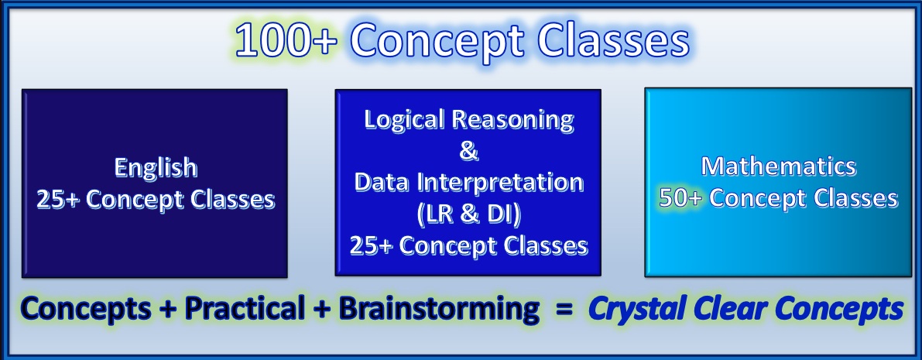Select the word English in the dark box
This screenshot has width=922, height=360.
point(156,168)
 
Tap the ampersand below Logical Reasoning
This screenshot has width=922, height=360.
point(468,151)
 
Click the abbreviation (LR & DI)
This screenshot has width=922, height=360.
point(468,214)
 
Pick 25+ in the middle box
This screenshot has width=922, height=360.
point(372,245)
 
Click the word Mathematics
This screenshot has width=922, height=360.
point(779,166)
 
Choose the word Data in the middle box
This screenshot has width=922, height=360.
point(383,183)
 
